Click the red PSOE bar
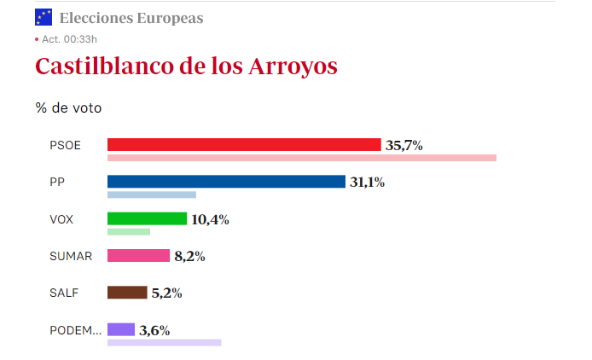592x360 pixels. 244,145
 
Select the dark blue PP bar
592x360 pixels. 226,182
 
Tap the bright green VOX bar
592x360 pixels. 147,218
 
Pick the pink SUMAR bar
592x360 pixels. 138,255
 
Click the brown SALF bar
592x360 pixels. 127,293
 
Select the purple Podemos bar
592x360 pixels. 121,329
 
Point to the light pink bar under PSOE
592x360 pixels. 301,158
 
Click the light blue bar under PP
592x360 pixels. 151,195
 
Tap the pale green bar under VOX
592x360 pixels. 128,231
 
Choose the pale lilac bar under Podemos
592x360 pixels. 164,342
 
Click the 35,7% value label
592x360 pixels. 404,146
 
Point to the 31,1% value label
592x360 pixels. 367,183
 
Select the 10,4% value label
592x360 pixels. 210,219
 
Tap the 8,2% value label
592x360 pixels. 189,256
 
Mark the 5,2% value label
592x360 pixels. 166,293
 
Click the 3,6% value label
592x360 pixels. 154,330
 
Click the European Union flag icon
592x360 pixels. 44,17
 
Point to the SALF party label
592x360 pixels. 64,293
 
